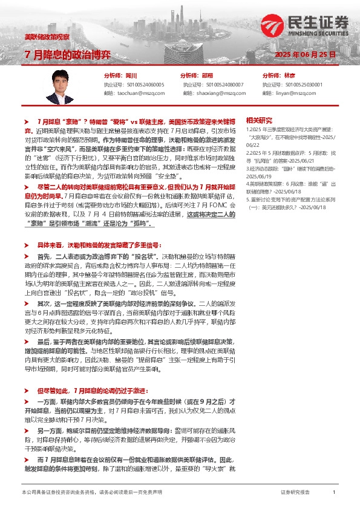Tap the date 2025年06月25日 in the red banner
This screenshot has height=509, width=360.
click(304, 54)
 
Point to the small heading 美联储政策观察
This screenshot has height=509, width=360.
click(47, 37)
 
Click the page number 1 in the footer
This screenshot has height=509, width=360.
click(334, 493)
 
